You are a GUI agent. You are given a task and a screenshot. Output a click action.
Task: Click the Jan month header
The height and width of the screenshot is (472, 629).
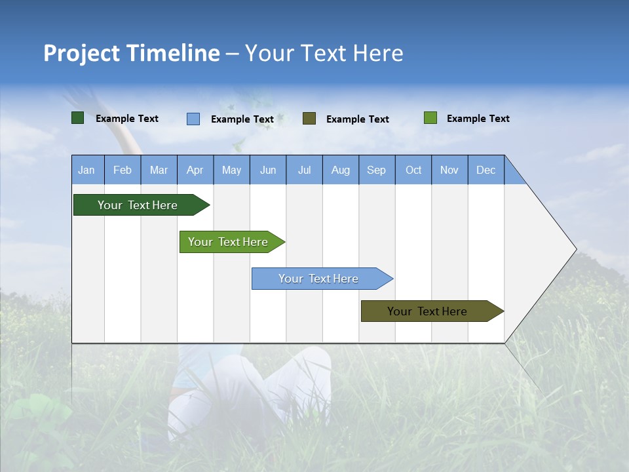tap(86, 170)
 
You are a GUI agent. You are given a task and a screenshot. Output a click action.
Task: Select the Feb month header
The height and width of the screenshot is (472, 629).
tap(123, 170)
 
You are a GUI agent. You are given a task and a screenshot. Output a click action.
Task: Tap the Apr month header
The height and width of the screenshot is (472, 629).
tap(195, 170)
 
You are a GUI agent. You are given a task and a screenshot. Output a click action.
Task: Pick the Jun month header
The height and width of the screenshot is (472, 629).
tap(268, 170)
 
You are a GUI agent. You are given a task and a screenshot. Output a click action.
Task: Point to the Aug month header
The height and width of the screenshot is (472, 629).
tap(341, 170)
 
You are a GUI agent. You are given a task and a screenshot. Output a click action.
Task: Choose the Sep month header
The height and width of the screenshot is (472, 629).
tap(376, 170)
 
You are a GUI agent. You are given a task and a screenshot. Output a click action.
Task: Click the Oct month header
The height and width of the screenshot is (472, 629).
tap(413, 170)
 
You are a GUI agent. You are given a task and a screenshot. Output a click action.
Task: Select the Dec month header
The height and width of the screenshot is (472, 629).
tap(486, 170)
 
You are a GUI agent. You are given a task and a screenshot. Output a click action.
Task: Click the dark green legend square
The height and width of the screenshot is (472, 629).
tap(78, 118)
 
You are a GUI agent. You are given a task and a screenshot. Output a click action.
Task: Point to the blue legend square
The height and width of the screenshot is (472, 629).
tap(193, 119)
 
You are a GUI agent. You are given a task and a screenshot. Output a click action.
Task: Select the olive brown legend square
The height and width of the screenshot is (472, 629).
tap(309, 119)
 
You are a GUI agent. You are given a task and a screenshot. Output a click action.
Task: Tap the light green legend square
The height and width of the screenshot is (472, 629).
tap(430, 118)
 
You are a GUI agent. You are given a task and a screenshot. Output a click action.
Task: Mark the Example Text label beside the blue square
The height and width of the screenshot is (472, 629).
tap(242, 119)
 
